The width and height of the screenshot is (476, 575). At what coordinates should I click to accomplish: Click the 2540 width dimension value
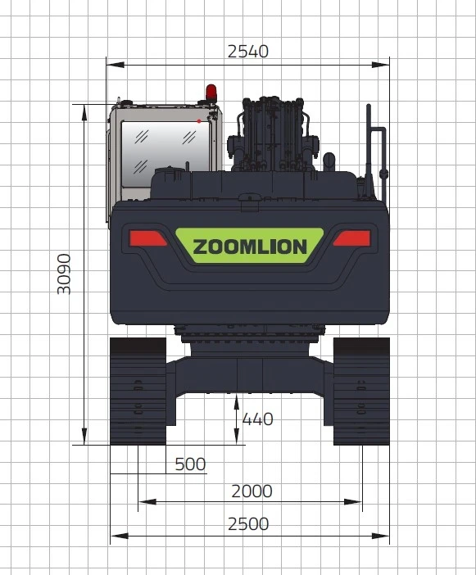[x=247, y=52]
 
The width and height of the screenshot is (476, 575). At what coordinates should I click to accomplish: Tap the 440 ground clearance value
[x=257, y=419]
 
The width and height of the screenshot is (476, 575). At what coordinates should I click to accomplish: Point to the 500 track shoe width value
[x=190, y=464]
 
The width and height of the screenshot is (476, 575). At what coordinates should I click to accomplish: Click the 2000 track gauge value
[x=251, y=491]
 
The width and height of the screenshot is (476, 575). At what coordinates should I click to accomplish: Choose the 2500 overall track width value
[x=247, y=524]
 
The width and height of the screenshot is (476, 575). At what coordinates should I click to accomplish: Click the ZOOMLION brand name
[x=249, y=247]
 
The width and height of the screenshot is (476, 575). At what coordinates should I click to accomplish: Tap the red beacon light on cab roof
[x=211, y=92]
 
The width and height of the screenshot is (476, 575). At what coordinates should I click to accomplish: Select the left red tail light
[x=148, y=238]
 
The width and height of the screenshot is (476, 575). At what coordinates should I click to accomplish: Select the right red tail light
[x=351, y=238]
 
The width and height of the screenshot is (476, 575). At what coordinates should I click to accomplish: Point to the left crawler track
[x=138, y=391]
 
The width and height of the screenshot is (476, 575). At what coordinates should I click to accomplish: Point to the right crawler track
[x=360, y=391]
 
